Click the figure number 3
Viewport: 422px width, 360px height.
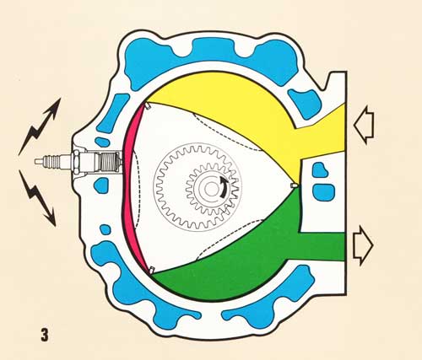45,335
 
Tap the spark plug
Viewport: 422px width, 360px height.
78,161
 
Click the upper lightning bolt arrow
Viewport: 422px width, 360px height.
39,127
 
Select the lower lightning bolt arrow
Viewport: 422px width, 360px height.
37,198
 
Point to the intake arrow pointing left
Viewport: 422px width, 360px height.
364,125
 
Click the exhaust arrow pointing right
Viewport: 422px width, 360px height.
363,246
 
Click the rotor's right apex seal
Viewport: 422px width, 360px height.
295,185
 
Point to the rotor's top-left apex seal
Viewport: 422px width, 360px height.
148,106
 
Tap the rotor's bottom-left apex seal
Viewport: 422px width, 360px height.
151,270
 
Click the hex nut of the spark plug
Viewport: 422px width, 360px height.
76,161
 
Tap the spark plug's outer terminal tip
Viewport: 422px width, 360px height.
36,161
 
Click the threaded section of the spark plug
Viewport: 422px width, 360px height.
111,162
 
